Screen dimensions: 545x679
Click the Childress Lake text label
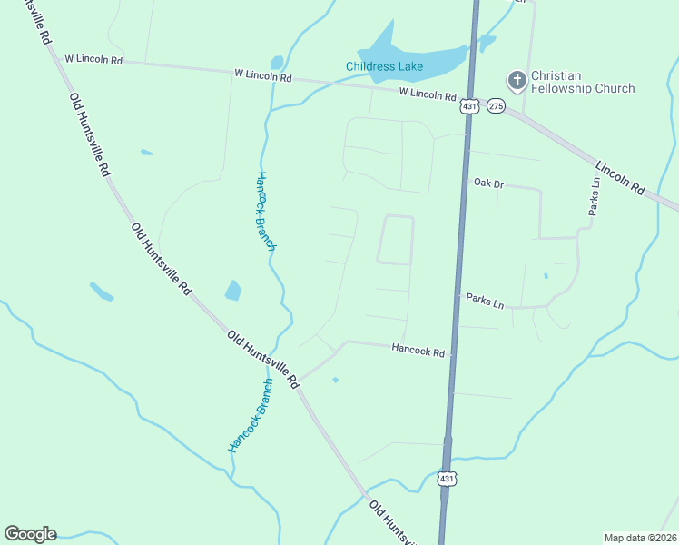pyautogui.click(x=384, y=66)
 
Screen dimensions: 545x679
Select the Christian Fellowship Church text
pyautogui.click(x=582, y=82)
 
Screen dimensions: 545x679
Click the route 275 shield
pyautogui.click(x=495, y=106)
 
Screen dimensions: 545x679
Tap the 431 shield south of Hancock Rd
pyautogui.click(x=446, y=478)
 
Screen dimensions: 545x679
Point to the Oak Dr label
pyautogui.click(x=488, y=183)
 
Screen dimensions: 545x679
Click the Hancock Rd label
pyautogui.click(x=418, y=349)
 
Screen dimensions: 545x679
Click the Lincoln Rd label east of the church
pyautogui.click(x=620, y=178)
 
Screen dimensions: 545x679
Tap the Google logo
pyautogui.click(x=30, y=534)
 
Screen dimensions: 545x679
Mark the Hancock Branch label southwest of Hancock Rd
pyautogui.click(x=250, y=415)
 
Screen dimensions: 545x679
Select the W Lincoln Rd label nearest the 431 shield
pyautogui.click(x=427, y=94)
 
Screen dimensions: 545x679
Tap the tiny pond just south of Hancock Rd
pyautogui.click(x=336, y=380)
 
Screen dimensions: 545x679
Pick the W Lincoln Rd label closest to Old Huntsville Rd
pyautogui.click(x=93, y=59)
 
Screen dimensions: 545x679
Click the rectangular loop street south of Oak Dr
pyautogui.click(x=396, y=240)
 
